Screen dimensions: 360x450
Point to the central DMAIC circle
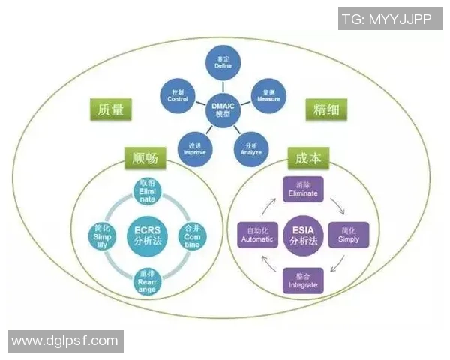pyautogui.click(x=223, y=109)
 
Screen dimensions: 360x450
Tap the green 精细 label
pyautogui.click(x=325, y=109)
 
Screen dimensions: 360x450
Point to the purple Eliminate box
pyautogui.click(x=303, y=190)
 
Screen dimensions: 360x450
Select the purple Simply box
pyautogui.click(x=349, y=235)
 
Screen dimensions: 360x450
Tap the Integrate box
pyautogui.click(x=303, y=280)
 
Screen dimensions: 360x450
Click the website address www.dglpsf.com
pyautogui.click(x=64, y=341)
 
